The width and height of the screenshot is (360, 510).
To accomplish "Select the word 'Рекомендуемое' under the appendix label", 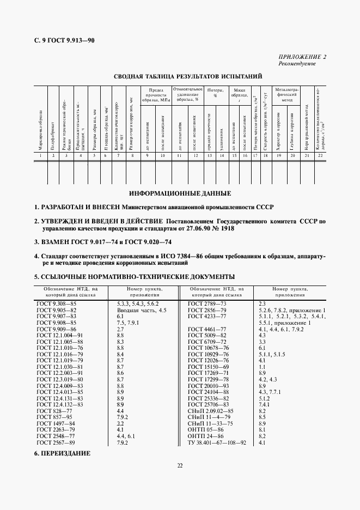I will tap(297, 64).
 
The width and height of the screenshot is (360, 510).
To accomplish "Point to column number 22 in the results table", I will tap(321, 156).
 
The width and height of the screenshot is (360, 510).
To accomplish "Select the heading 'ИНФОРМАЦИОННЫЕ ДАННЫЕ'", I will tap(180, 193).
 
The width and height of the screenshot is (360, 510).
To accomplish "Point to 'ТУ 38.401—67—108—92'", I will tap(217, 443).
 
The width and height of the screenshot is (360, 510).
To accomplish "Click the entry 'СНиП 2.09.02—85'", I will tap(210, 410).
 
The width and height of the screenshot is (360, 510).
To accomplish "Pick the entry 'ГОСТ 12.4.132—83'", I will tap(59, 405).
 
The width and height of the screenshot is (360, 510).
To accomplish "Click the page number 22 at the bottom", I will tap(180, 465).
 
